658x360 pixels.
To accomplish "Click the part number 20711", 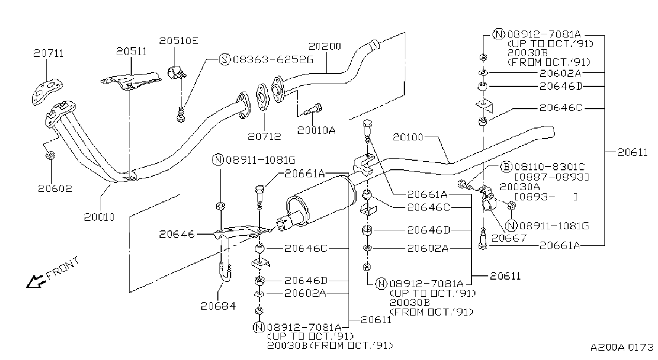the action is coord(49,53).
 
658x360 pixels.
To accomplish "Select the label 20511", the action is coord(131,51).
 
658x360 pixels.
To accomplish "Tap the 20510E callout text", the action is coord(179,40).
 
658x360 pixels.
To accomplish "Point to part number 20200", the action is coord(324,46).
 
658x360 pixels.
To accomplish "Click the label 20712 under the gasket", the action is coord(264,137).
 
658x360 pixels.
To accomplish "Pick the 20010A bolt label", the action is coord(316,130).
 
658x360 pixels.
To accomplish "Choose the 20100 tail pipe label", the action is coord(408,137).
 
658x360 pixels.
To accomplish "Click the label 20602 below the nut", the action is coord(55,189).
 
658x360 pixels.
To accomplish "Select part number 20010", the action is coord(99,217).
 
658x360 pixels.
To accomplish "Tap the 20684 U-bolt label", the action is coord(218,306).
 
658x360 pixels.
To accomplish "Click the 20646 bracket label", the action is coord(177,234).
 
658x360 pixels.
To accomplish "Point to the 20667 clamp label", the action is coord(509,238).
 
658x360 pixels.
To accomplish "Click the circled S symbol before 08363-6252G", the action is coord(225,59).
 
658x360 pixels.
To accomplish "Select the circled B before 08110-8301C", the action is coord(506,167).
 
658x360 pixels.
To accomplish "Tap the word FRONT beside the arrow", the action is coord(63,268).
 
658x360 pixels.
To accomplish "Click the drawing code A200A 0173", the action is coord(622,347).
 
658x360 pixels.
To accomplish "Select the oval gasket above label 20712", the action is coord(262,96).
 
